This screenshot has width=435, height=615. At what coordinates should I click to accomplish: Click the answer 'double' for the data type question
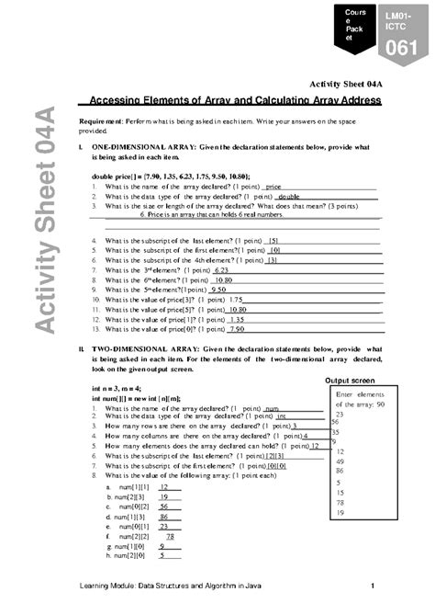pyautogui.click(x=288, y=197)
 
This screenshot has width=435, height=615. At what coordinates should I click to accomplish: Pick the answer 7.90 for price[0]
pyautogui.click(x=237, y=328)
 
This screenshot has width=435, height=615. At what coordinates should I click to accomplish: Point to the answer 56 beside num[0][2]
pyautogui.click(x=163, y=506)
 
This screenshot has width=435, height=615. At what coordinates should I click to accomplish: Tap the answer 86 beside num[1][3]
pyautogui.click(x=163, y=518)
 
